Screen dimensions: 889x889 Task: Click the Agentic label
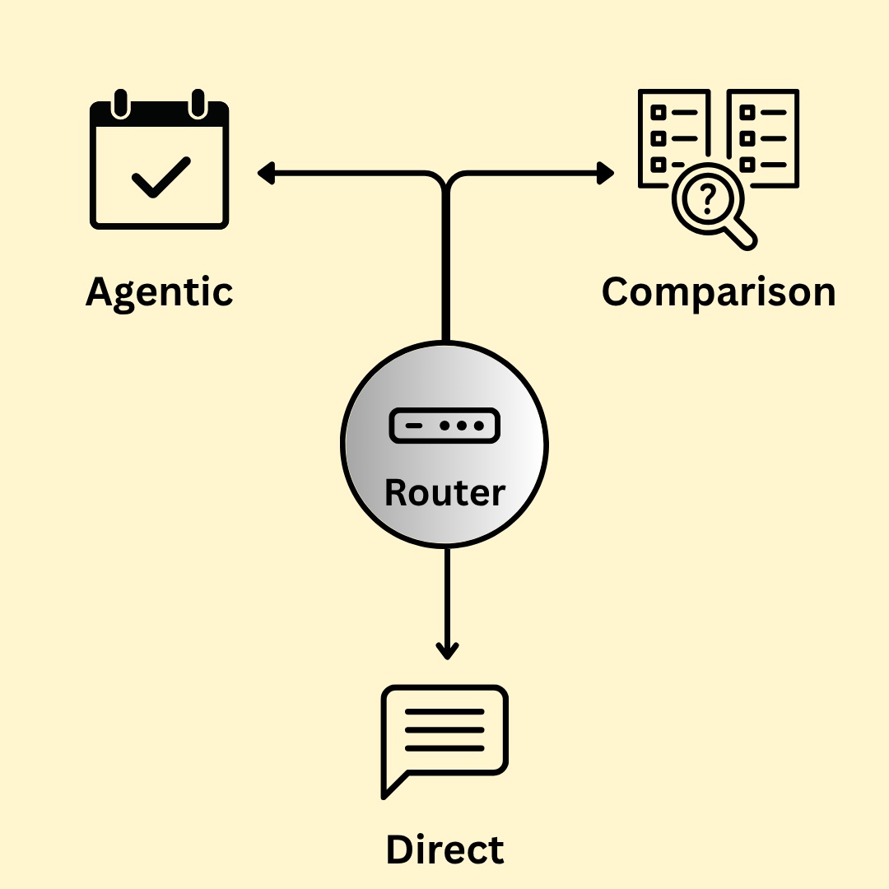159,292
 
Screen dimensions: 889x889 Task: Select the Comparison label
718,292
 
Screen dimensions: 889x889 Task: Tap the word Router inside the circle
444,492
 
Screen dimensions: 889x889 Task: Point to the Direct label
444,849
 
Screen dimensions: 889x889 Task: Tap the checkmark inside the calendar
161,176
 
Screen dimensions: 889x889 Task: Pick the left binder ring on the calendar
121,103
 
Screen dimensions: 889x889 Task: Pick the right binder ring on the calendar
198,103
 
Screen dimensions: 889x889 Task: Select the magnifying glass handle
743,234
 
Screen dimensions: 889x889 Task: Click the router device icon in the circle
444,426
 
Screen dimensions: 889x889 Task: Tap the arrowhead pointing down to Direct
446,651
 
